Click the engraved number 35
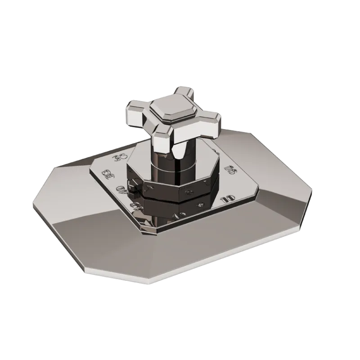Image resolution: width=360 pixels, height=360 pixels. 120,157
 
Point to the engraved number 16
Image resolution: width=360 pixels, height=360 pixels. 230,169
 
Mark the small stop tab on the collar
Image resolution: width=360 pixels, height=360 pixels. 132,185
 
